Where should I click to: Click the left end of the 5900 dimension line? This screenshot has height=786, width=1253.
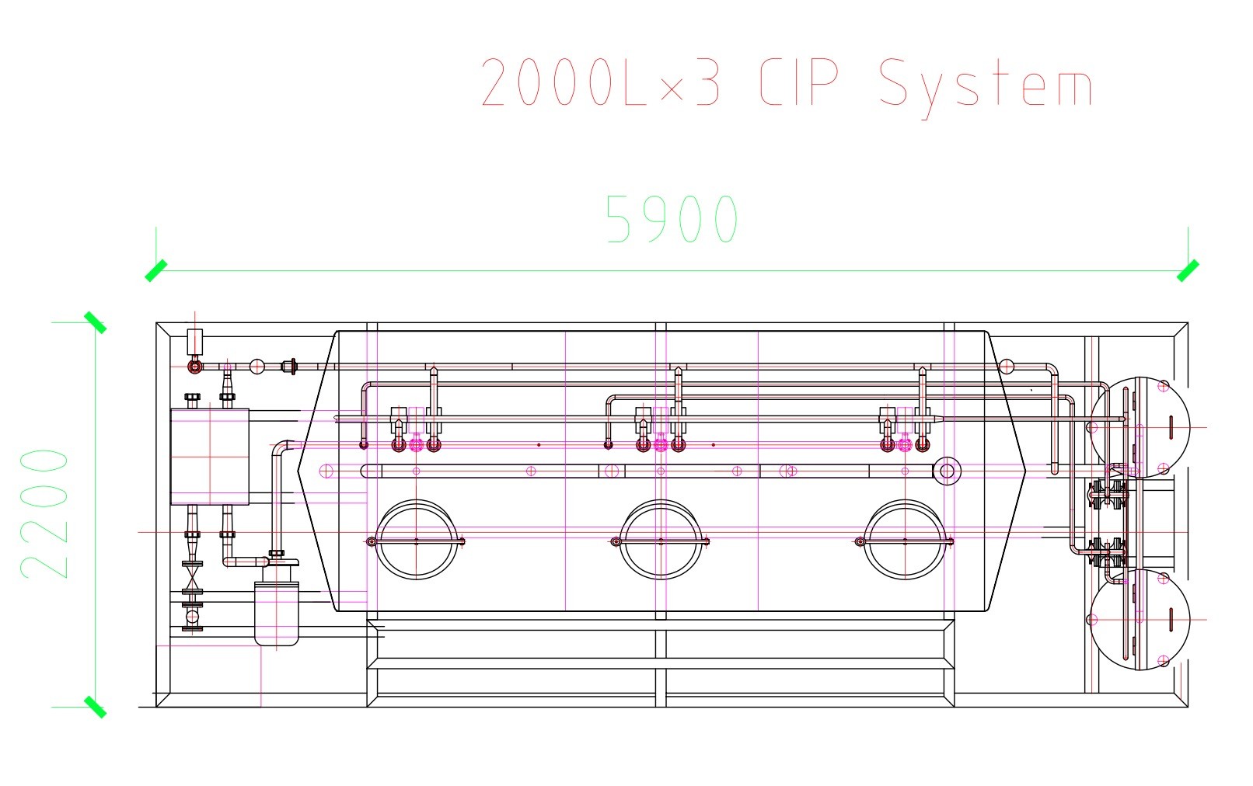click(156, 271)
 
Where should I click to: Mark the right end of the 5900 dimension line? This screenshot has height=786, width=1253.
click(1188, 271)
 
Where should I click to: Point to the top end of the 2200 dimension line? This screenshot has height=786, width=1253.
click(95, 322)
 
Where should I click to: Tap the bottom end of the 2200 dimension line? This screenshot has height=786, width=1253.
click(95, 708)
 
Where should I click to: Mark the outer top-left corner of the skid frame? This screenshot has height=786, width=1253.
click(156, 322)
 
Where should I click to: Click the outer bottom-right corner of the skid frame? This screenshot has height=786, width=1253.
click(1188, 708)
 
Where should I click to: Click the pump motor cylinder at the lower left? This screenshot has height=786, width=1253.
click(277, 614)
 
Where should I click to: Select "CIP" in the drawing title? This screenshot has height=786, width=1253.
click(799, 83)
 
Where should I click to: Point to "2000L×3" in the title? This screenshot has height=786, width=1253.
click(601, 82)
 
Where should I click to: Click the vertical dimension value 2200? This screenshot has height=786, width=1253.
click(44, 513)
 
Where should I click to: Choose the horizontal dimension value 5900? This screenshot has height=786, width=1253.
click(672, 218)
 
